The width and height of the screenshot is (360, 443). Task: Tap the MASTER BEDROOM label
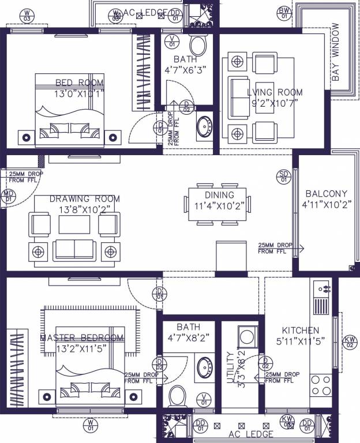click(81, 337)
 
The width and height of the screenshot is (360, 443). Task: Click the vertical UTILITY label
click(230, 367)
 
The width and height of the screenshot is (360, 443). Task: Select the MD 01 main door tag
click(9, 196)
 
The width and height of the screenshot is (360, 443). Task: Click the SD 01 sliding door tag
click(283, 176)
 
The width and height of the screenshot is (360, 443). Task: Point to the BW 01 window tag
click(284, 13)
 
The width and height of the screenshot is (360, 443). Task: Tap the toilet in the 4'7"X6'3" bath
click(198, 44)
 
